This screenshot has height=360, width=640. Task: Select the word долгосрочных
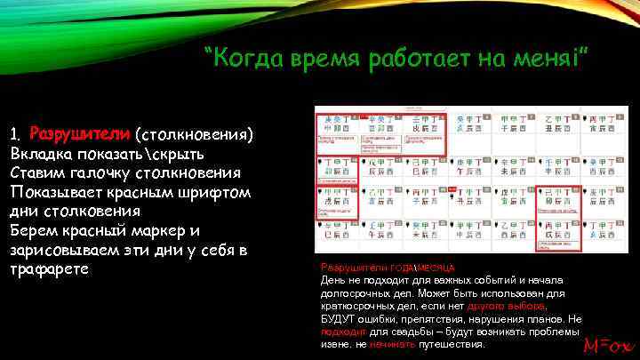[353, 291]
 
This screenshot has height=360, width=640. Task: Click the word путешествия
[452, 343]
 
